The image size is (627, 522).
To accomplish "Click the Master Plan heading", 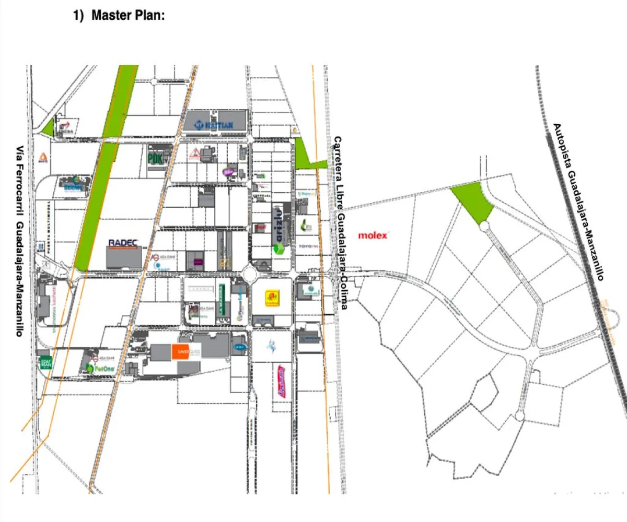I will (x=128, y=15).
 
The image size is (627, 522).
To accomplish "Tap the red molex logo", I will (x=373, y=235).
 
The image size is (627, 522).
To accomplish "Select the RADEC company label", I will (x=125, y=243).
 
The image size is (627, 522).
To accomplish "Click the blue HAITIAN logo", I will (x=216, y=125).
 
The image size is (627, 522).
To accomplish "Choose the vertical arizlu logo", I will (x=278, y=225).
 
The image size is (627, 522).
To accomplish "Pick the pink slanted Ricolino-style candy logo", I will (x=282, y=381).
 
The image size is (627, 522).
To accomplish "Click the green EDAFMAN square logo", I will (x=46, y=362).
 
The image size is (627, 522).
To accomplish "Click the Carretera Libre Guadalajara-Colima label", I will (x=340, y=223).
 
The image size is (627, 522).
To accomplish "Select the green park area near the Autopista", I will (x=473, y=203).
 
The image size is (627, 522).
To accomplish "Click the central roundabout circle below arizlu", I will (x=252, y=272).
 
